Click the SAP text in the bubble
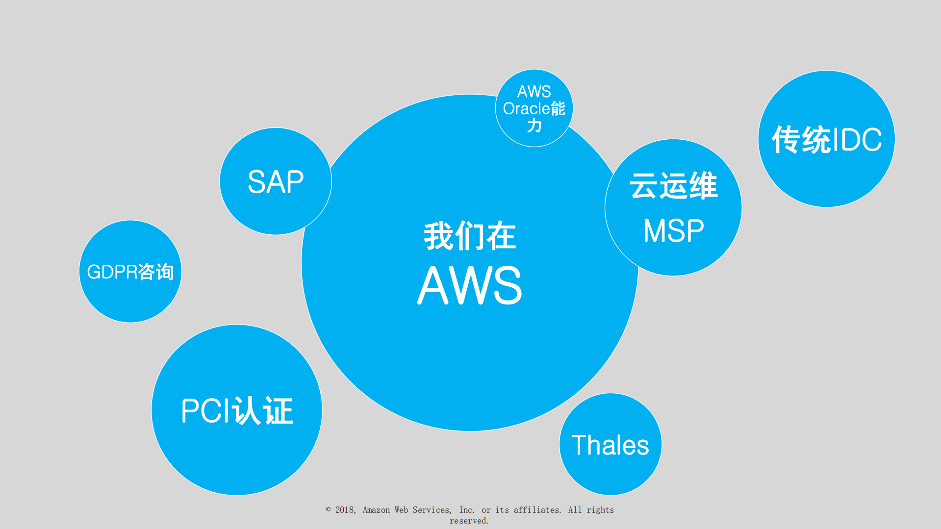coord(276,182)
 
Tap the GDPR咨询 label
coord(130,272)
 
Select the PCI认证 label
coord(237,410)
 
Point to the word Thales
coord(610,445)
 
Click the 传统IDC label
coord(827,140)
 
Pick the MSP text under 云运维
coord(673,230)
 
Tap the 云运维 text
coord(673,186)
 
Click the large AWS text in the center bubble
coord(470,285)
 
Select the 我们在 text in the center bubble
coord(470,236)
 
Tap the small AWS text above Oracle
coord(534,92)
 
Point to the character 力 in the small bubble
coord(534,126)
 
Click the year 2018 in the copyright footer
coord(345,510)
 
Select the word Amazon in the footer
coord(376,510)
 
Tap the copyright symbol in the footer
coord(329,510)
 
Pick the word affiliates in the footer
coord(537,510)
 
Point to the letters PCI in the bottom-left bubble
coord(205,410)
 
